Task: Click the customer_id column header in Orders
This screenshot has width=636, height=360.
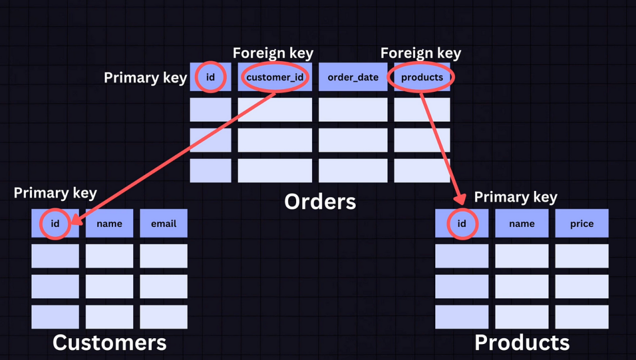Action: click(275, 77)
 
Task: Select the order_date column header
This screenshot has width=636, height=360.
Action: click(353, 77)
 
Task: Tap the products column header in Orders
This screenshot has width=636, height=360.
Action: click(422, 77)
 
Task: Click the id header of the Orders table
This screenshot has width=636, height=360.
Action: click(210, 77)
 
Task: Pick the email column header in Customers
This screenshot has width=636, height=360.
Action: click(163, 223)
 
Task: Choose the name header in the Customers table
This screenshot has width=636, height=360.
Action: click(110, 223)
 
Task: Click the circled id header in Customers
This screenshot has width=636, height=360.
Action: click(55, 223)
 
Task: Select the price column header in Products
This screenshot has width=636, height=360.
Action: click(581, 223)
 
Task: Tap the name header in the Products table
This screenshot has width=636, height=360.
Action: click(522, 223)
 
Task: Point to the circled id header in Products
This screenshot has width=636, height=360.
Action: click(462, 223)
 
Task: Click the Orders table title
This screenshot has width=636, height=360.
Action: click(320, 202)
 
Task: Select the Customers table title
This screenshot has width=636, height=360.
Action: click(110, 342)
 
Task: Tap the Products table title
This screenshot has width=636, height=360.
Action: click(522, 342)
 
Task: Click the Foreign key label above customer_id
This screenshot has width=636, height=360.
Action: click(273, 53)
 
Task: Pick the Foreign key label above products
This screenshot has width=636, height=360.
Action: click(420, 53)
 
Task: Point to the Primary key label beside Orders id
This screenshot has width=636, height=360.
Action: click(145, 78)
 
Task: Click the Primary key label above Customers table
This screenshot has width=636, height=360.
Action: click(55, 193)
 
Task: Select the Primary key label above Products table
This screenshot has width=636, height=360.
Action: click(515, 197)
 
